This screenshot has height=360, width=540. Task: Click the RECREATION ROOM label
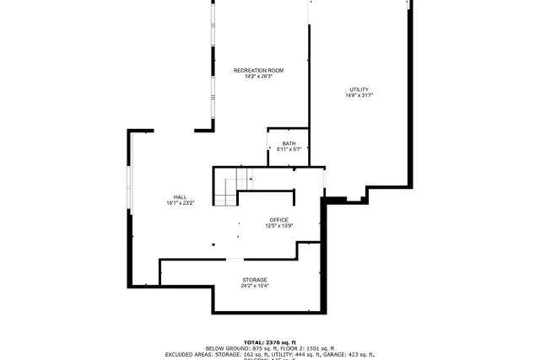(257, 70)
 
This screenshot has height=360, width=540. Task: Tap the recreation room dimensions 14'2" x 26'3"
(257, 76)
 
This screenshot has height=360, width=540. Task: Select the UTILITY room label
(359, 89)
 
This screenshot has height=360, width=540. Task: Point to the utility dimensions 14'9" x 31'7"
(359, 96)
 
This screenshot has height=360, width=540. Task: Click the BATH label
(289, 143)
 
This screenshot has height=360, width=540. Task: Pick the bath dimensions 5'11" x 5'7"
(289, 149)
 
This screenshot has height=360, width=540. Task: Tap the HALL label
(181, 196)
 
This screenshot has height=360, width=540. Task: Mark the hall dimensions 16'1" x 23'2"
(181, 203)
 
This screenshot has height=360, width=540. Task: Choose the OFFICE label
(278, 220)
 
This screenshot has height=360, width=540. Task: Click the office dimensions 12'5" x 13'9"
(278, 226)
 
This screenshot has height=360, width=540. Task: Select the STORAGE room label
(255, 280)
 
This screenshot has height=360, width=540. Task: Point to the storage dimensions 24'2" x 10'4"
(255, 286)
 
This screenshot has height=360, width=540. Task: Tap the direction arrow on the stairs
(251, 179)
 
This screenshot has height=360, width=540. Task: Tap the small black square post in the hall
(213, 245)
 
